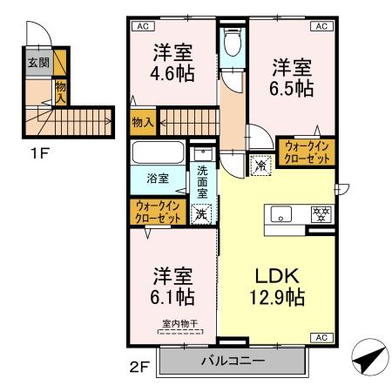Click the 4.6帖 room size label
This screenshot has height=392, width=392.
coord(173,70)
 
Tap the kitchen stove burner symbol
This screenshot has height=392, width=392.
coord(320,213)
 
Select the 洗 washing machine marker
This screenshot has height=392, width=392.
coord(201,213)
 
